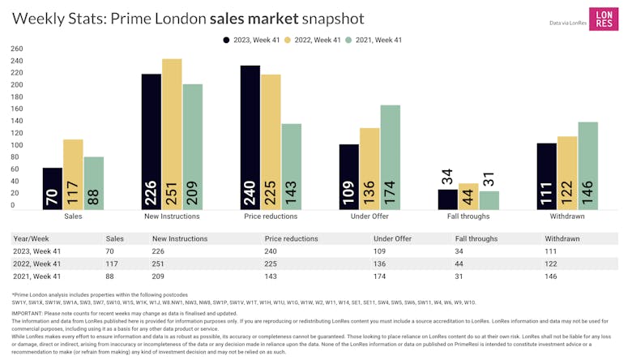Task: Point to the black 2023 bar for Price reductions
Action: [250, 137]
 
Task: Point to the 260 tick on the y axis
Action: [17, 49]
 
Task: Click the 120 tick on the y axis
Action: [17, 133]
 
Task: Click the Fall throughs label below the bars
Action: [469, 217]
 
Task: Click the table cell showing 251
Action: [159, 263]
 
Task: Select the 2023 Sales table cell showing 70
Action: [110, 251]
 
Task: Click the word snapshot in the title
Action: [327, 18]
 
